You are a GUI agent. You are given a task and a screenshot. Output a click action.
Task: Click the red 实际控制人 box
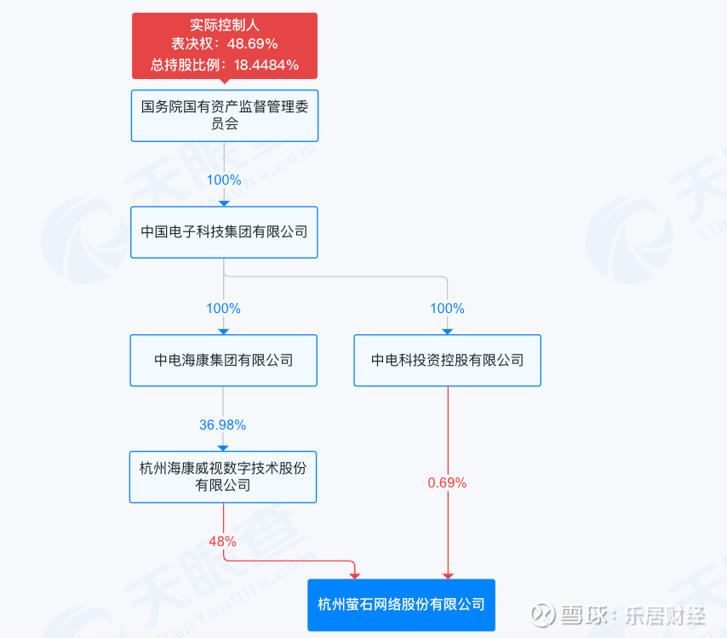pos(225,45)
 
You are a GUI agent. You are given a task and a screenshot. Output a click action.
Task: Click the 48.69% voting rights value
pos(252,43)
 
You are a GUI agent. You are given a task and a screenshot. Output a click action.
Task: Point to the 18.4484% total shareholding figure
pos(266,65)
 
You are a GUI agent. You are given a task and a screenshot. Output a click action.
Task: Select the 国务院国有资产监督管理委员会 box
pos(225,116)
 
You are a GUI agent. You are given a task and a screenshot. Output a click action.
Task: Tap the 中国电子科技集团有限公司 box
pos(224,232)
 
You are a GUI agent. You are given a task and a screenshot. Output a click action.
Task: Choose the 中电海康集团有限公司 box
pos(224,361)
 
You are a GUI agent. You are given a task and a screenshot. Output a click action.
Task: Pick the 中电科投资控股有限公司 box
pos(448,361)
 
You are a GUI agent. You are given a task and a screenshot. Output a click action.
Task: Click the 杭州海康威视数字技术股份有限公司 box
pos(223,476)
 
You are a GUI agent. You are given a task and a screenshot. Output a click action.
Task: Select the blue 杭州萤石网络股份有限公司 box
pos(402,605)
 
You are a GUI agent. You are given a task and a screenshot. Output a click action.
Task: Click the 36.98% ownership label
pos(222,424)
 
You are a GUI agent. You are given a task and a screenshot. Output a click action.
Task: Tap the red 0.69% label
pos(447,483)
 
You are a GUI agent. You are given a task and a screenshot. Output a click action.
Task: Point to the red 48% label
pos(222,541)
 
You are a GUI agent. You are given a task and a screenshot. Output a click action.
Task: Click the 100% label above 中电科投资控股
pos(447,308)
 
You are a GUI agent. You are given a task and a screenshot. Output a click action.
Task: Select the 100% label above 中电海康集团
pos(224,308)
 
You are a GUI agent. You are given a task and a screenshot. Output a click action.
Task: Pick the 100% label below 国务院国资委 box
pos(224,179)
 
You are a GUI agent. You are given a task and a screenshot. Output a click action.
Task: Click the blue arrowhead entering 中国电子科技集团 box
pos(225,203)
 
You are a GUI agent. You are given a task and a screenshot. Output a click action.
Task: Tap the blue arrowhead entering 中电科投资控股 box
pos(448,332)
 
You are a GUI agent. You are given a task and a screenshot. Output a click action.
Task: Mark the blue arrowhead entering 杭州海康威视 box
pos(223,448)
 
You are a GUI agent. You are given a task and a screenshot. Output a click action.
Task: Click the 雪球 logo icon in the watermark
pos(543,615)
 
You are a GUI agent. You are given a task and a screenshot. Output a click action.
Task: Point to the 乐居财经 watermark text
pos(666,616)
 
